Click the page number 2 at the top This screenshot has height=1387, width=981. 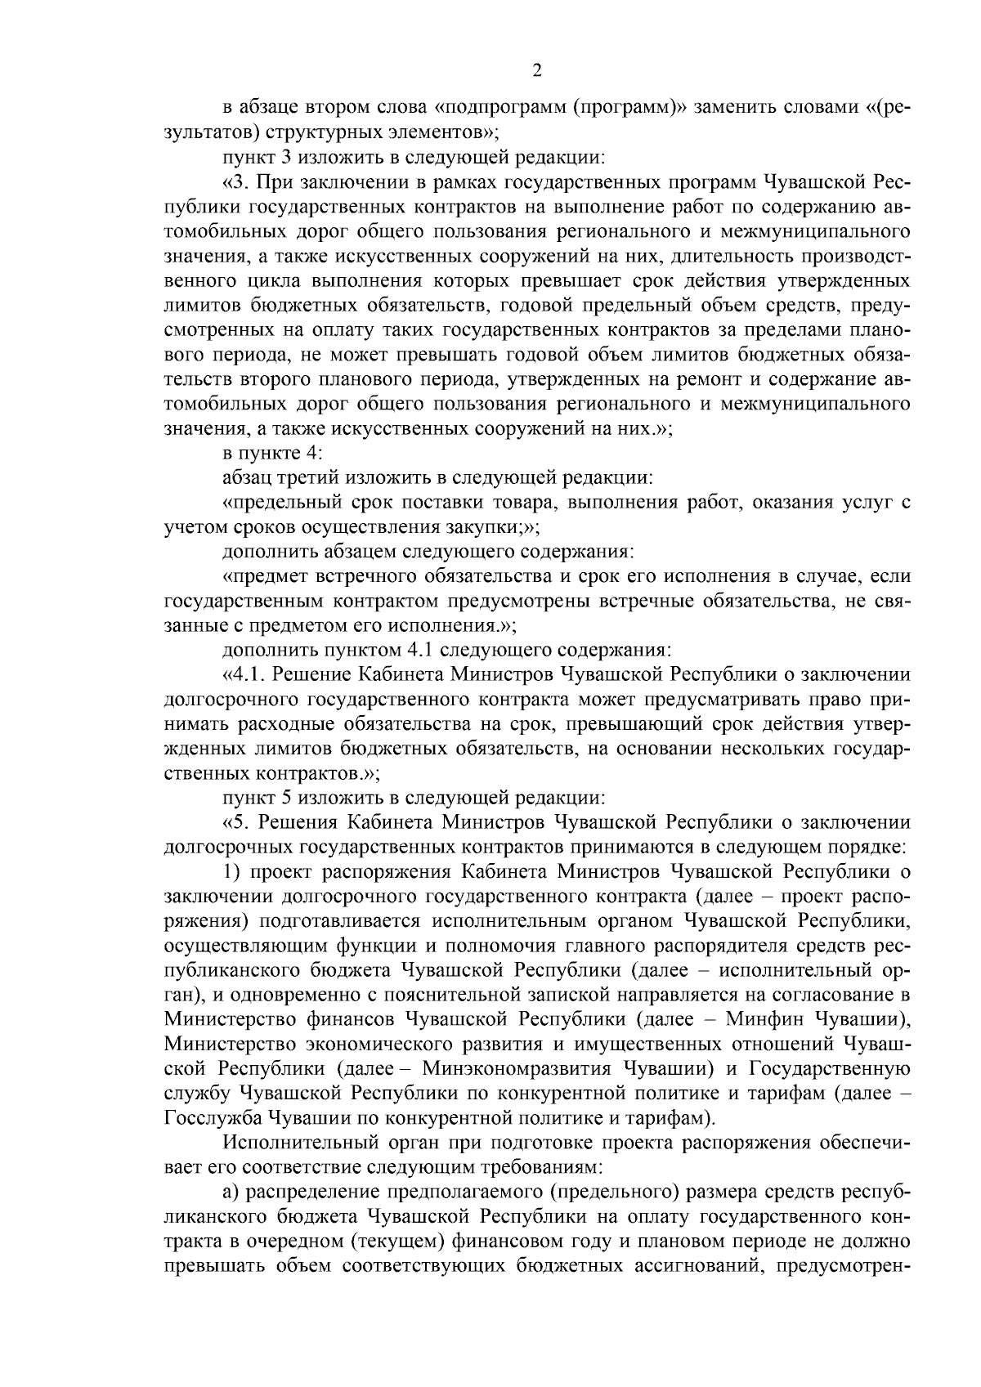(537, 71)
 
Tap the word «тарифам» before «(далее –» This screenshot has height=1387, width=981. (778, 1093)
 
